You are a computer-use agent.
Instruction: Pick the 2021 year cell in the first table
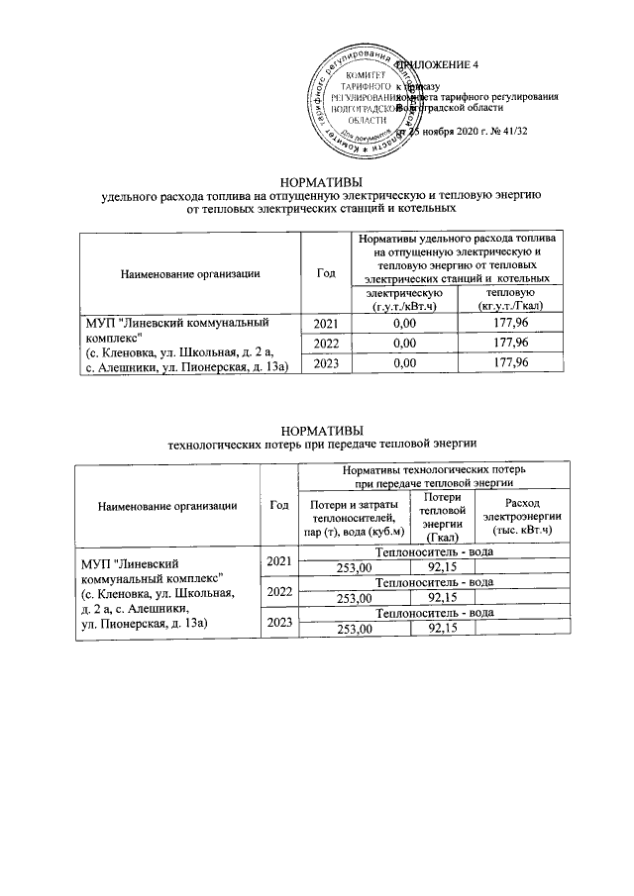(326, 324)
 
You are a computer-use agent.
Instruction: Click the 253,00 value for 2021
(354, 567)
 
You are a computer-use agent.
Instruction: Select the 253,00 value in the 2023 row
(354, 629)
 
